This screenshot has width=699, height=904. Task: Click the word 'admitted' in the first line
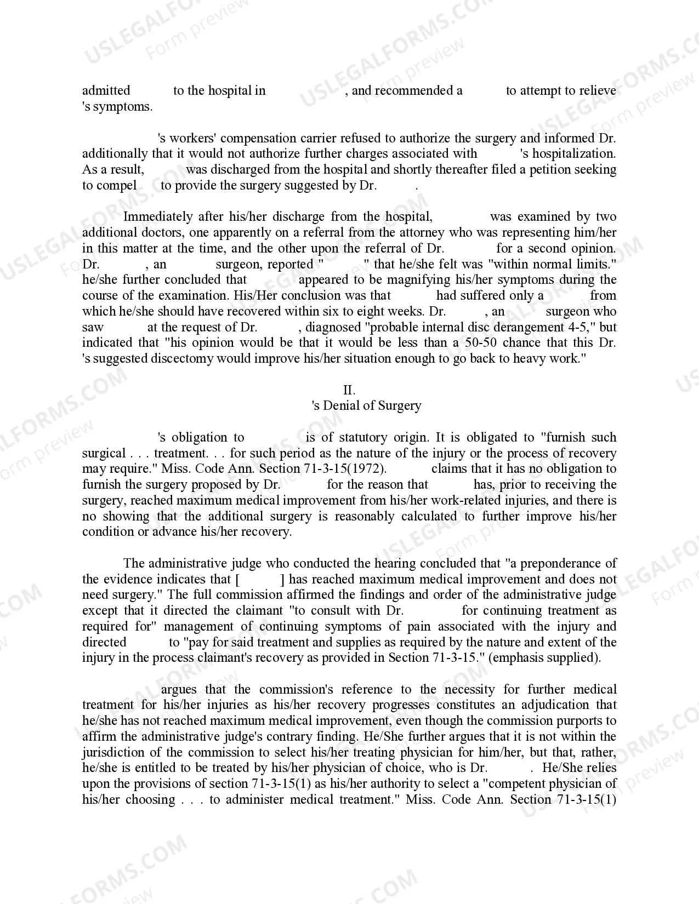coord(106,90)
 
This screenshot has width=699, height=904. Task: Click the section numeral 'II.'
coord(349,390)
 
